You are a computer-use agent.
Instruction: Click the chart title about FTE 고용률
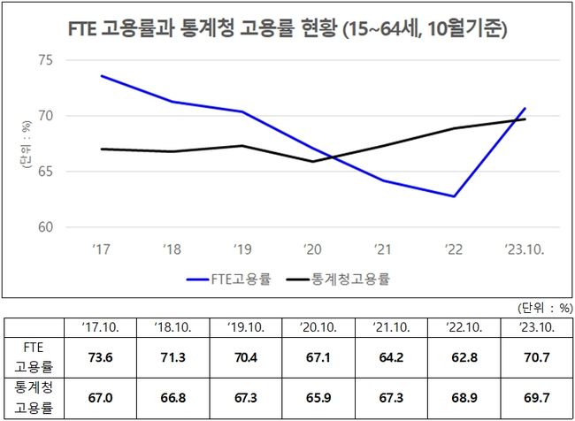tap(287, 27)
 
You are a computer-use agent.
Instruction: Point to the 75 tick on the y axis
tap(46, 60)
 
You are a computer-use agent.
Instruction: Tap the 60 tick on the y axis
tap(46, 227)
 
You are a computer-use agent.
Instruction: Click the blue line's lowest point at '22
tap(454, 196)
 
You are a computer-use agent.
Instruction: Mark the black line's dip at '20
tap(311, 161)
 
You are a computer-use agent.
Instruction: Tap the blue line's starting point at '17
tap(102, 76)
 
